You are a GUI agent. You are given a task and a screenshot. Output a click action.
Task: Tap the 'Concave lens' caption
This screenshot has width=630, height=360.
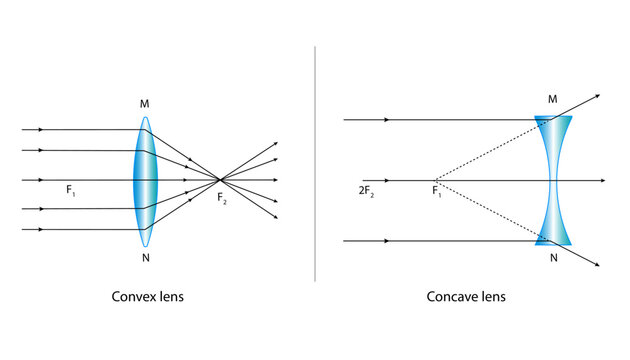coord(466,297)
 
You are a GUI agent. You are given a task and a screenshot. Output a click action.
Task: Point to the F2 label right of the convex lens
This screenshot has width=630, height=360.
coord(222,197)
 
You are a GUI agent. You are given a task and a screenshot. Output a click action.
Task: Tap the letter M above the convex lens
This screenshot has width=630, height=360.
coord(146,103)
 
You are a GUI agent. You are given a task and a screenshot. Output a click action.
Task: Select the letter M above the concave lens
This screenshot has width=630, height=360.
coord(554,98)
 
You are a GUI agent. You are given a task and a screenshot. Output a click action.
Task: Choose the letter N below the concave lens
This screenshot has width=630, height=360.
coord(554,257)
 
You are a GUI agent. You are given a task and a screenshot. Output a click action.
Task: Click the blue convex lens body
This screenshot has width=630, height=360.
coord(146,180)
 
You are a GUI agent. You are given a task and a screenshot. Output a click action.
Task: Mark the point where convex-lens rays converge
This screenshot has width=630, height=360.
coord(220,180)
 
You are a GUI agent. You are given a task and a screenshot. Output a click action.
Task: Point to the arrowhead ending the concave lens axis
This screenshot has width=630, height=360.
coord(601,180)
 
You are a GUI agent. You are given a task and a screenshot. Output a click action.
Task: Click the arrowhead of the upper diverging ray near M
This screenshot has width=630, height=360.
coord(596,96)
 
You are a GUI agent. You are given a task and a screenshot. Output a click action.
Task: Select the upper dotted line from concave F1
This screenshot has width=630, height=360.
coord(485,150)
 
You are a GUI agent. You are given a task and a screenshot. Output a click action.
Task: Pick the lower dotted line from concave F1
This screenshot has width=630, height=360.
coord(485,211)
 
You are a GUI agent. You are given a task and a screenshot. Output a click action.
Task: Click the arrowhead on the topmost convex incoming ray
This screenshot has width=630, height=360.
coord(40,130)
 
